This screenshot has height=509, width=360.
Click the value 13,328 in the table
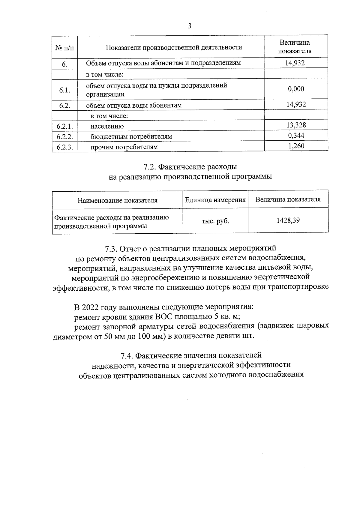pyautogui.click(x=296, y=125)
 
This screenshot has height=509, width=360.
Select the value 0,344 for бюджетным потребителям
pyautogui.click(x=296, y=135)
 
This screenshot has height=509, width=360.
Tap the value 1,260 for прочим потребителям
pyautogui.click(x=296, y=146)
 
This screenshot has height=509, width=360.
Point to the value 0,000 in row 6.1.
pyautogui.click(x=296, y=89)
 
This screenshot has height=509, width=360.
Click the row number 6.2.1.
pyautogui.click(x=64, y=126)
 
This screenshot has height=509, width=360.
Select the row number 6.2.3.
pyautogui.click(x=64, y=147)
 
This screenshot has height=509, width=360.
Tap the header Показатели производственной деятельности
pyautogui.click(x=174, y=47)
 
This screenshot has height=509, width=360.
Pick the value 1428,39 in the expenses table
pyautogui.click(x=288, y=220)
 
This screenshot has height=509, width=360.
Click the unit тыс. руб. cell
pyautogui.click(x=215, y=221)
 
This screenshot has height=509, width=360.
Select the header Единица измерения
pyautogui.click(x=215, y=200)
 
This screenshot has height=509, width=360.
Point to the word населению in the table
pyautogui.click(x=107, y=126)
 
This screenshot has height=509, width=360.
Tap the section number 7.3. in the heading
pyautogui.click(x=111, y=249)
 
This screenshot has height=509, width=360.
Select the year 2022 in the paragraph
pyautogui.click(x=91, y=308)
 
